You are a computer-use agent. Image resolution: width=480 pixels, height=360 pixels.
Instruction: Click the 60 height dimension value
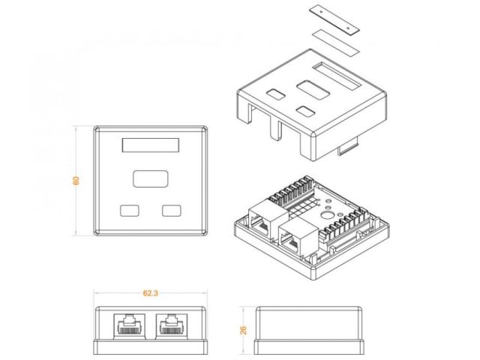(x=76, y=180)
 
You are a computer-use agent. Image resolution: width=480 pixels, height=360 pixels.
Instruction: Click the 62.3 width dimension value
(x=150, y=293)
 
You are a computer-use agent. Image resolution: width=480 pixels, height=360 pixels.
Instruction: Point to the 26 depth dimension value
(x=243, y=330)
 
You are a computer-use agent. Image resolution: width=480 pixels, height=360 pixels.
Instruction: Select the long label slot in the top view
(x=151, y=145)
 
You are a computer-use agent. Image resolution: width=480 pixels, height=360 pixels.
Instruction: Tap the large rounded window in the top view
(x=151, y=178)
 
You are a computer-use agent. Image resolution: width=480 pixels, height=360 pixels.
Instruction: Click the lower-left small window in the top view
(x=130, y=211)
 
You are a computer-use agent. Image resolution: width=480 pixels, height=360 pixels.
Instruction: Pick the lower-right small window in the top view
(x=172, y=211)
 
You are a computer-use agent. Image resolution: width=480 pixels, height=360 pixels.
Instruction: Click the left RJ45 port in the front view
(x=130, y=325)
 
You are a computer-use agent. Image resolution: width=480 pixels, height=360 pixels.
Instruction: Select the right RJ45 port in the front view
(x=172, y=325)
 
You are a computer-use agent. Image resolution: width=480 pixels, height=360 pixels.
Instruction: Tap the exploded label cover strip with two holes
(x=334, y=19)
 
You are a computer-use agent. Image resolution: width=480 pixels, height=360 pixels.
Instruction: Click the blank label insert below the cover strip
(x=336, y=43)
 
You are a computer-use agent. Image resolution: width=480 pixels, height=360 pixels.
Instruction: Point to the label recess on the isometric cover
(x=337, y=76)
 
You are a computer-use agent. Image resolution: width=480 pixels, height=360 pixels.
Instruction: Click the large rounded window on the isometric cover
(x=313, y=90)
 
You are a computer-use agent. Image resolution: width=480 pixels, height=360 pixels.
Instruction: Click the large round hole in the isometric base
(x=325, y=215)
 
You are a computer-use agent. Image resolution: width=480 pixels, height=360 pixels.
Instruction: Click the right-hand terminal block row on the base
(x=343, y=224)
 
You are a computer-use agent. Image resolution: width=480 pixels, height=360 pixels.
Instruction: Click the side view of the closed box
(x=309, y=330)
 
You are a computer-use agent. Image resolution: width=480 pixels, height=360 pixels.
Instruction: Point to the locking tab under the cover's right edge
(x=348, y=147)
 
